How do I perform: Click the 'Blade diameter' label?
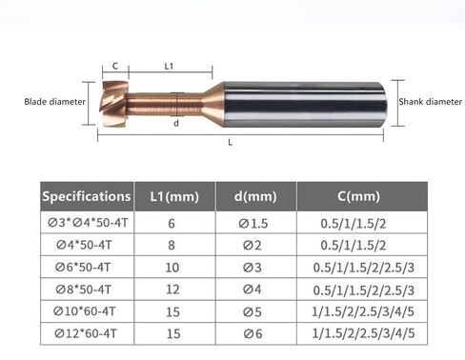pos(54,102)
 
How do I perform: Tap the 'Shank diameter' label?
pos(431,102)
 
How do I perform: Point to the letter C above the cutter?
pos(115,66)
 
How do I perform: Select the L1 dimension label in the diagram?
pos(169,66)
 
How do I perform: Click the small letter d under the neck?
pos(176,123)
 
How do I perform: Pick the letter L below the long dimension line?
pos(231,143)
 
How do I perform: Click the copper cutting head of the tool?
pos(113,104)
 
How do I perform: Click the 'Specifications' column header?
pos(87,196)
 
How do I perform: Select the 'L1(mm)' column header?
pos(174,196)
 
